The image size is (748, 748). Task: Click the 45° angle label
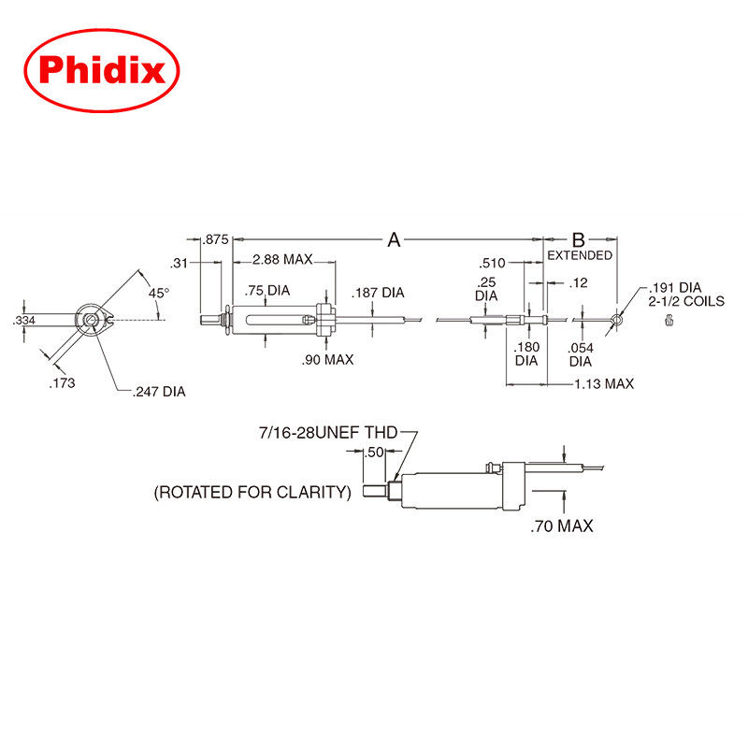(x=160, y=293)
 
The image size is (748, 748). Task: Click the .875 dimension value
(x=216, y=240)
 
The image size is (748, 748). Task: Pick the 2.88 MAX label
(x=281, y=258)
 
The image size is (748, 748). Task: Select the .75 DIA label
(x=266, y=290)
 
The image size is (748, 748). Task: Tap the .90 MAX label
(x=327, y=360)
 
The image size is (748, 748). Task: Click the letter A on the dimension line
(x=394, y=240)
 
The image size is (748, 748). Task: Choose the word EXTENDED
(x=580, y=255)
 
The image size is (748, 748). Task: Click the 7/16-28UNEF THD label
(x=328, y=432)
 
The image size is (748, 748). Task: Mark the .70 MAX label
(x=561, y=526)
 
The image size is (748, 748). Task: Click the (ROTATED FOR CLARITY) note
(x=252, y=492)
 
